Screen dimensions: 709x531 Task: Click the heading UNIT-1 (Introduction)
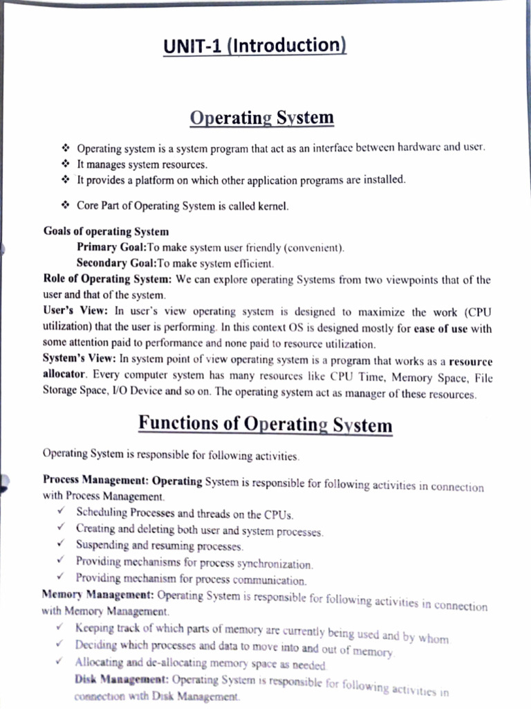pos(254,46)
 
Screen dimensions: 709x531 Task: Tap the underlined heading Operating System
pos(261,118)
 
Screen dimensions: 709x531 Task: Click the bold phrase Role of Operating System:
pos(107,280)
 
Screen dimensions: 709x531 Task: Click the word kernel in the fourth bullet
pos(272,206)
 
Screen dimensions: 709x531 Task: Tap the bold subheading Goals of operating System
pos(106,231)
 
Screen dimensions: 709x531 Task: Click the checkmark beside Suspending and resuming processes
pos(62,545)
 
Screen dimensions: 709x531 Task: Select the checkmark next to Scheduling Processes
pos(62,513)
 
